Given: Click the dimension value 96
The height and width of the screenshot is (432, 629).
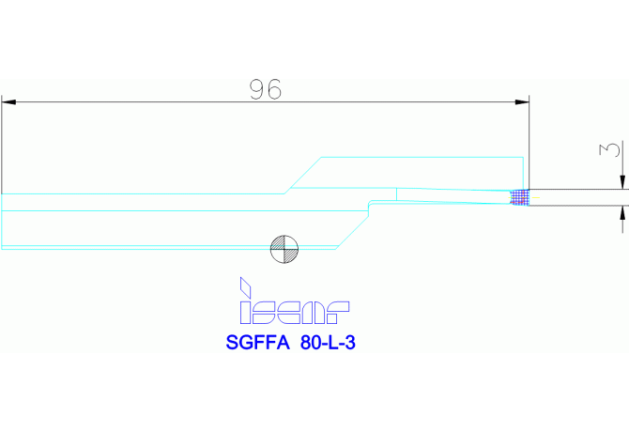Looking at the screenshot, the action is point(266,89).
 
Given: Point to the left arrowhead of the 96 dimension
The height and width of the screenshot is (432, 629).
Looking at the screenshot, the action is point(8,100).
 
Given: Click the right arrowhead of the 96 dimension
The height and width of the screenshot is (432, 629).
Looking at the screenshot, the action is point(525,100).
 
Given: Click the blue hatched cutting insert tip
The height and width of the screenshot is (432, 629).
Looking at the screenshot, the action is point(519,196).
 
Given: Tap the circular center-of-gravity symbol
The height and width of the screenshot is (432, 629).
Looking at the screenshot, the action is point(284,248).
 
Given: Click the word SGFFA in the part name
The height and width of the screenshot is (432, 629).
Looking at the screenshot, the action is point(257,343).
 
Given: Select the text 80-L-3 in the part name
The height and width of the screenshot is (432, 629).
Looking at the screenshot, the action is point(329,343).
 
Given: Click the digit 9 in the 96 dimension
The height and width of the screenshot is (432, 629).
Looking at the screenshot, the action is point(257,89).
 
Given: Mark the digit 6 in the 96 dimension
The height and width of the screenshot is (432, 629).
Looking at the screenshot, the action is point(274,89).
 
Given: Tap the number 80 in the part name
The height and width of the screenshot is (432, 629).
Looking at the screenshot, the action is point(311,343).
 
